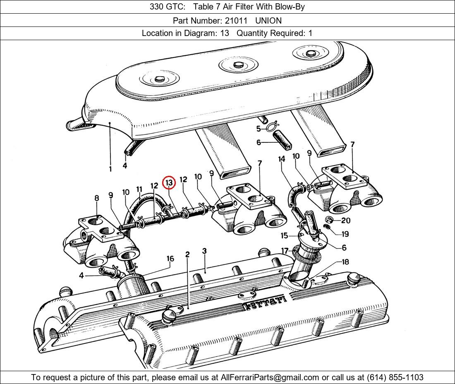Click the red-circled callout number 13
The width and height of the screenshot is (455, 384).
(x=169, y=182)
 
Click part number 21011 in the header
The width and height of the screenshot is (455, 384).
(x=236, y=20)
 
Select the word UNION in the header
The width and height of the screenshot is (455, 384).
(x=268, y=20)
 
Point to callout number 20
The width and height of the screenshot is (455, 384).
(x=345, y=221)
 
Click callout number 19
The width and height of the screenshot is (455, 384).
(x=345, y=234)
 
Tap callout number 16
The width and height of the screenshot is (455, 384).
(x=170, y=259)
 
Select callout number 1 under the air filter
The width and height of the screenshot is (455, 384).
(x=110, y=169)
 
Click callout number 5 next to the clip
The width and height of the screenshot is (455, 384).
(x=259, y=129)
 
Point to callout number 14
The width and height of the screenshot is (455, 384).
(x=282, y=159)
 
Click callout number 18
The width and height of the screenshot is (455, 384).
(x=345, y=262)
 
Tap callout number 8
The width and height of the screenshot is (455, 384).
(x=97, y=198)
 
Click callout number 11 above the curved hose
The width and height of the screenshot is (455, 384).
(x=139, y=190)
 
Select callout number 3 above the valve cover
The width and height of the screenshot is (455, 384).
(x=204, y=251)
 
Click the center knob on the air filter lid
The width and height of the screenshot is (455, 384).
(x=238, y=65)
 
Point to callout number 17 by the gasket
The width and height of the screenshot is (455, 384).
(x=285, y=251)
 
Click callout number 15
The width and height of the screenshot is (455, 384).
(x=284, y=236)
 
